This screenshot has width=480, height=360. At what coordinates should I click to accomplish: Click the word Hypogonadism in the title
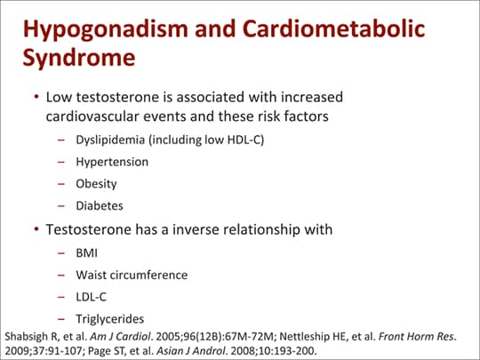click(x=105, y=30)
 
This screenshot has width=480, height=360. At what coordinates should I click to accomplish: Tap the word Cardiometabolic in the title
click(x=333, y=28)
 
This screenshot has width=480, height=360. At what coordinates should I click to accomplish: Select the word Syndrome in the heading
click(x=79, y=59)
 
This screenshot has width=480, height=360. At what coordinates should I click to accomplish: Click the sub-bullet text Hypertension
click(x=112, y=163)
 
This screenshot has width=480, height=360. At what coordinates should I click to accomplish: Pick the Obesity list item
click(x=96, y=184)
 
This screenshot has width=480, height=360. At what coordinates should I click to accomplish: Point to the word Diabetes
click(x=100, y=205)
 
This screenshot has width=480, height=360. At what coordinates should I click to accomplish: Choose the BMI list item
click(x=86, y=253)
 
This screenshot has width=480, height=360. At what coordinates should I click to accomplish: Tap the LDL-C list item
click(x=91, y=297)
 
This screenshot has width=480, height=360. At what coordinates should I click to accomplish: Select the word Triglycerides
click(x=110, y=319)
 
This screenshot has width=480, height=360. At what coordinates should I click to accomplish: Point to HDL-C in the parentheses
click(x=244, y=140)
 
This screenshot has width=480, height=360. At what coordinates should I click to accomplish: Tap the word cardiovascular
click(x=92, y=116)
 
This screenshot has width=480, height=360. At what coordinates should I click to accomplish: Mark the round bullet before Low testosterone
click(x=36, y=97)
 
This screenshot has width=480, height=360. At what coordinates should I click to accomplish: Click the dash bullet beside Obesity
click(x=61, y=184)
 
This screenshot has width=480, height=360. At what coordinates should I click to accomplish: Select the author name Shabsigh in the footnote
click(x=27, y=337)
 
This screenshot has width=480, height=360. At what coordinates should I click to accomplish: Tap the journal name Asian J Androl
click(x=191, y=351)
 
